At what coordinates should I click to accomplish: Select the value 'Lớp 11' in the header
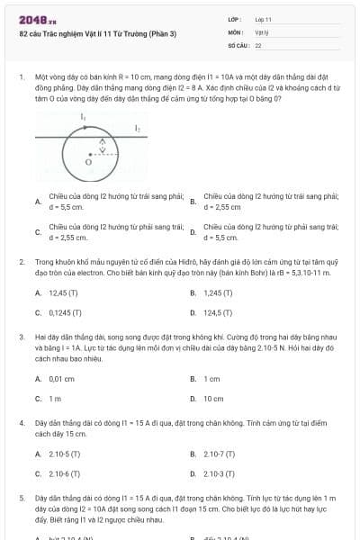[x=263, y=18]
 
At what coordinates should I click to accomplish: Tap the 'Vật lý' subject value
[x=262, y=31]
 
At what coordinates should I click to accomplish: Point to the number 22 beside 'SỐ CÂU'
[x=258, y=44]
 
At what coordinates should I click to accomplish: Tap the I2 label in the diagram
[x=138, y=130]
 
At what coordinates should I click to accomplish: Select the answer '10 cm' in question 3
[x=213, y=398]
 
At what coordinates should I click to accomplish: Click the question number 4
[x=21, y=421]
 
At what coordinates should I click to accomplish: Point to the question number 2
[x=21, y=261]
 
